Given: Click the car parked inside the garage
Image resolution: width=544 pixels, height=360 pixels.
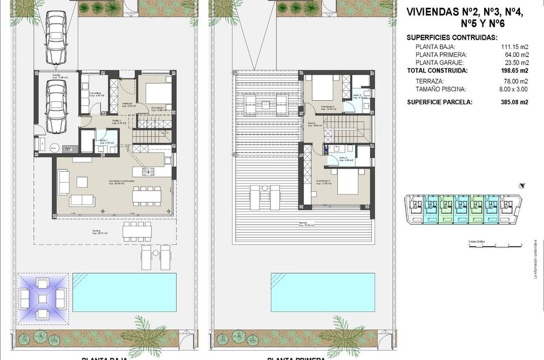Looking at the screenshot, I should (x=56, y=105).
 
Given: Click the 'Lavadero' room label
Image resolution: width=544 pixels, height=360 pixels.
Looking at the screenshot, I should (x=96, y=93).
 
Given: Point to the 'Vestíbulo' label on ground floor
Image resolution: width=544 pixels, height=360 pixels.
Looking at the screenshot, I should (x=128, y=104).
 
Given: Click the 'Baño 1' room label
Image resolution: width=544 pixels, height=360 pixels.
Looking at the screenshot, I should (x=105, y=141).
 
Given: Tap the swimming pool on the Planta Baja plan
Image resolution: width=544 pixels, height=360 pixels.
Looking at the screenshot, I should (x=124, y=292).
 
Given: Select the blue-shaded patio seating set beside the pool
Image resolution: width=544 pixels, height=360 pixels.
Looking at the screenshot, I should (x=43, y=298).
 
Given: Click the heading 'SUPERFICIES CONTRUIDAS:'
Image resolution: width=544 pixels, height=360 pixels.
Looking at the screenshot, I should (x=452, y=37).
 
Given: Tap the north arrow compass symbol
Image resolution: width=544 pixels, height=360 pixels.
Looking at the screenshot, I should (x=522, y=185).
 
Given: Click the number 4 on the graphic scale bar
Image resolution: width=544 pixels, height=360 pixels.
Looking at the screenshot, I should (x=521, y=245).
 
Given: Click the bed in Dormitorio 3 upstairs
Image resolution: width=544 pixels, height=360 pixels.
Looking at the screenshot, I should (x=348, y=185).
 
